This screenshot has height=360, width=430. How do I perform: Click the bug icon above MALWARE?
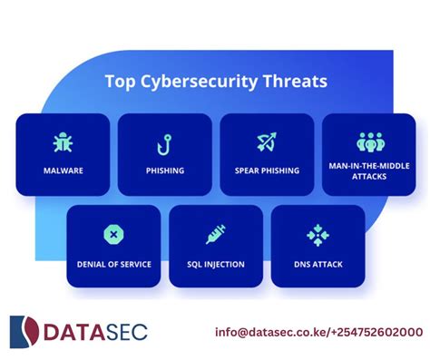(x=64, y=142)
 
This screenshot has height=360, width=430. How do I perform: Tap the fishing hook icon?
(x=165, y=142)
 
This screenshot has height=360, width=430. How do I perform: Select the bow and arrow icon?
(x=267, y=142)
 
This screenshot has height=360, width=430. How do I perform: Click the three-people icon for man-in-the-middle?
(x=370, y=141)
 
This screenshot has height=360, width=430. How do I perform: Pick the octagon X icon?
(x=113, y=235)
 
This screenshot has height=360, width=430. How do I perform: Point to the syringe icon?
(x=216, y=235)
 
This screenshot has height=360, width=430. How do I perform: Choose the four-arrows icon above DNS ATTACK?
(x=318, y=235)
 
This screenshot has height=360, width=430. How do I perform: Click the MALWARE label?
(x=64, y=170)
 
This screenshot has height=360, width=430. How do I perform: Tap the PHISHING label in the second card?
(x=165, y=170)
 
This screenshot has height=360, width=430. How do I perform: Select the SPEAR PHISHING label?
(x=267, y=170)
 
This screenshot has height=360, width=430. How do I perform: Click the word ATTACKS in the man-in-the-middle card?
(x=370, y=176)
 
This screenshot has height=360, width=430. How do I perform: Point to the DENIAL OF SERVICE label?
(x=113, y=264)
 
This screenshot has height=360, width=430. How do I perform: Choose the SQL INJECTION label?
(x=216, y=264)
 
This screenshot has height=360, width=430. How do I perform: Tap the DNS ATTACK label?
(x=318, y=264)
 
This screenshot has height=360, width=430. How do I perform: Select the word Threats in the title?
(x=295, y=82)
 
